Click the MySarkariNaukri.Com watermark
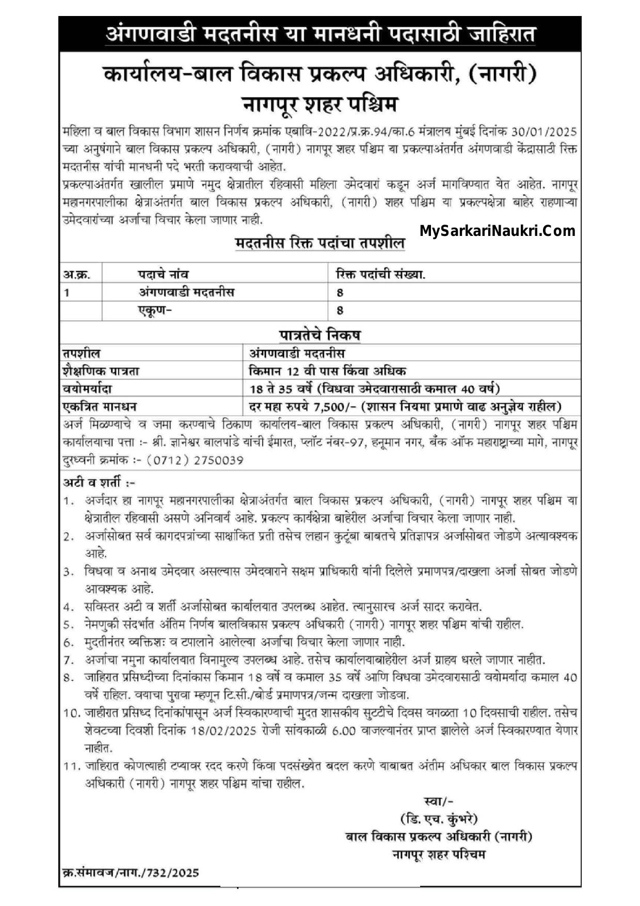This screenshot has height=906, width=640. coord(498,231)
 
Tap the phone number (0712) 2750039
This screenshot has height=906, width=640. coord(195,460)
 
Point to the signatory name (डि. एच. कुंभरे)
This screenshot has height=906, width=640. coord(439,819)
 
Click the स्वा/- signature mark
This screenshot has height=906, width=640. coord(438,801)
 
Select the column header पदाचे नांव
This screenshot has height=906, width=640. coord(163,274)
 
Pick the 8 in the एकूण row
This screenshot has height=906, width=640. coord(340,310)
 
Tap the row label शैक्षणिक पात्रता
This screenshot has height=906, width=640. coord(101,371)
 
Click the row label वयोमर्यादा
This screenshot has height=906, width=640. coord(87,388)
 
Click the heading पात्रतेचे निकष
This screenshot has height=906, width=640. coord(320,335)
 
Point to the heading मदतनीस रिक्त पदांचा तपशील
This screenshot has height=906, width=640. coord(320,243)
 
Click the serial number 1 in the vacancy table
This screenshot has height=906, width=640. coord(67,292)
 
